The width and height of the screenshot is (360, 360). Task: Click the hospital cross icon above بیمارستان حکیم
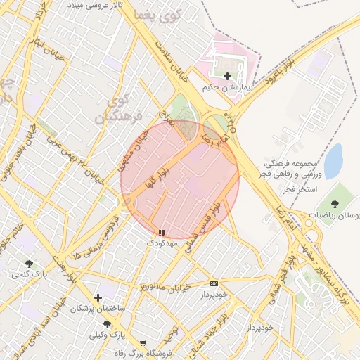pos(226,76)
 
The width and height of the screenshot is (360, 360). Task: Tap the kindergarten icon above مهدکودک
pos(162,232)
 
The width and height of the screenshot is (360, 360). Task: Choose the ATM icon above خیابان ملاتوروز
pos(214,283)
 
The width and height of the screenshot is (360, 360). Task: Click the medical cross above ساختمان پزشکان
pos(98,297)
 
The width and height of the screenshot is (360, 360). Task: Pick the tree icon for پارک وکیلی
pos(107,324)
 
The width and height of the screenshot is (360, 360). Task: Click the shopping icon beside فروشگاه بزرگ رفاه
pos(143,343)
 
